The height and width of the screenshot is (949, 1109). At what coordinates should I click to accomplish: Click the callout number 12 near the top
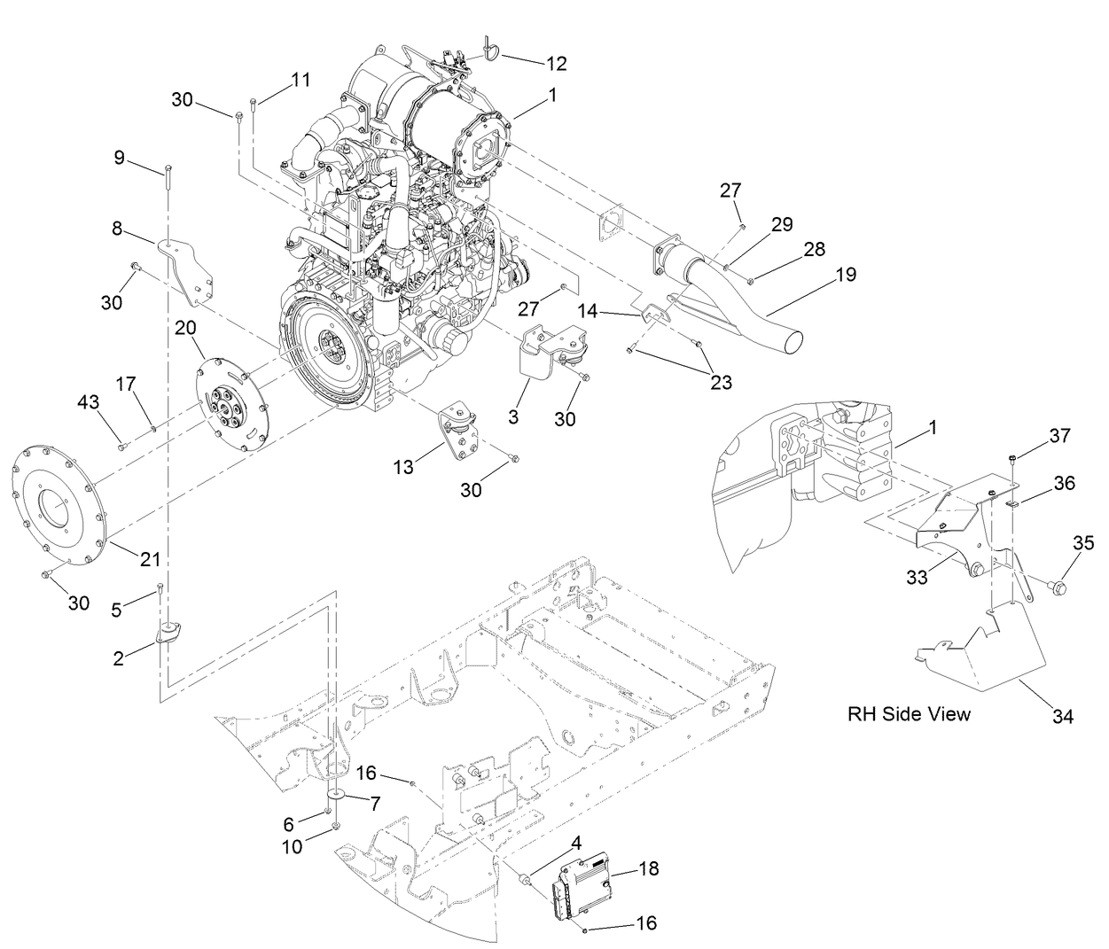point(556,64)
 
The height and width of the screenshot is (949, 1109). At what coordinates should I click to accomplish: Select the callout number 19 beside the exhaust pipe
point(845,275)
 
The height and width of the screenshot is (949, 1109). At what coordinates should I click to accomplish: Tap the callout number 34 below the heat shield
point(1063,717)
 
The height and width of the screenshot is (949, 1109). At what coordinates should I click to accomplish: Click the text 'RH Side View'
point(909,714)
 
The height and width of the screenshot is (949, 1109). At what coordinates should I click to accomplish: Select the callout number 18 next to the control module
point(648,868)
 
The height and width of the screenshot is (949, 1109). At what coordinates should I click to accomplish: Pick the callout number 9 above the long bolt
point(119,159)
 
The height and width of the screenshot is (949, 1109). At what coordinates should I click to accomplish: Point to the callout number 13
point(403,467)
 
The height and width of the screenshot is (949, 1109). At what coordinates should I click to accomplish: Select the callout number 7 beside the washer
point(374,804)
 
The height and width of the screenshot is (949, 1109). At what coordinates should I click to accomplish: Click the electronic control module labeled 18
point(585,882)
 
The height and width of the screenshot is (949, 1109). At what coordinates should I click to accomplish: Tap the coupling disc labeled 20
point(231,403)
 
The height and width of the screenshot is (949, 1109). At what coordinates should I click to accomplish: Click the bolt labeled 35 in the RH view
point(1057,586)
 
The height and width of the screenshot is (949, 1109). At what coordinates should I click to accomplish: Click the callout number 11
point(301,80)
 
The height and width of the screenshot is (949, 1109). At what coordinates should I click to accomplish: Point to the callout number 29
point(781,224)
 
